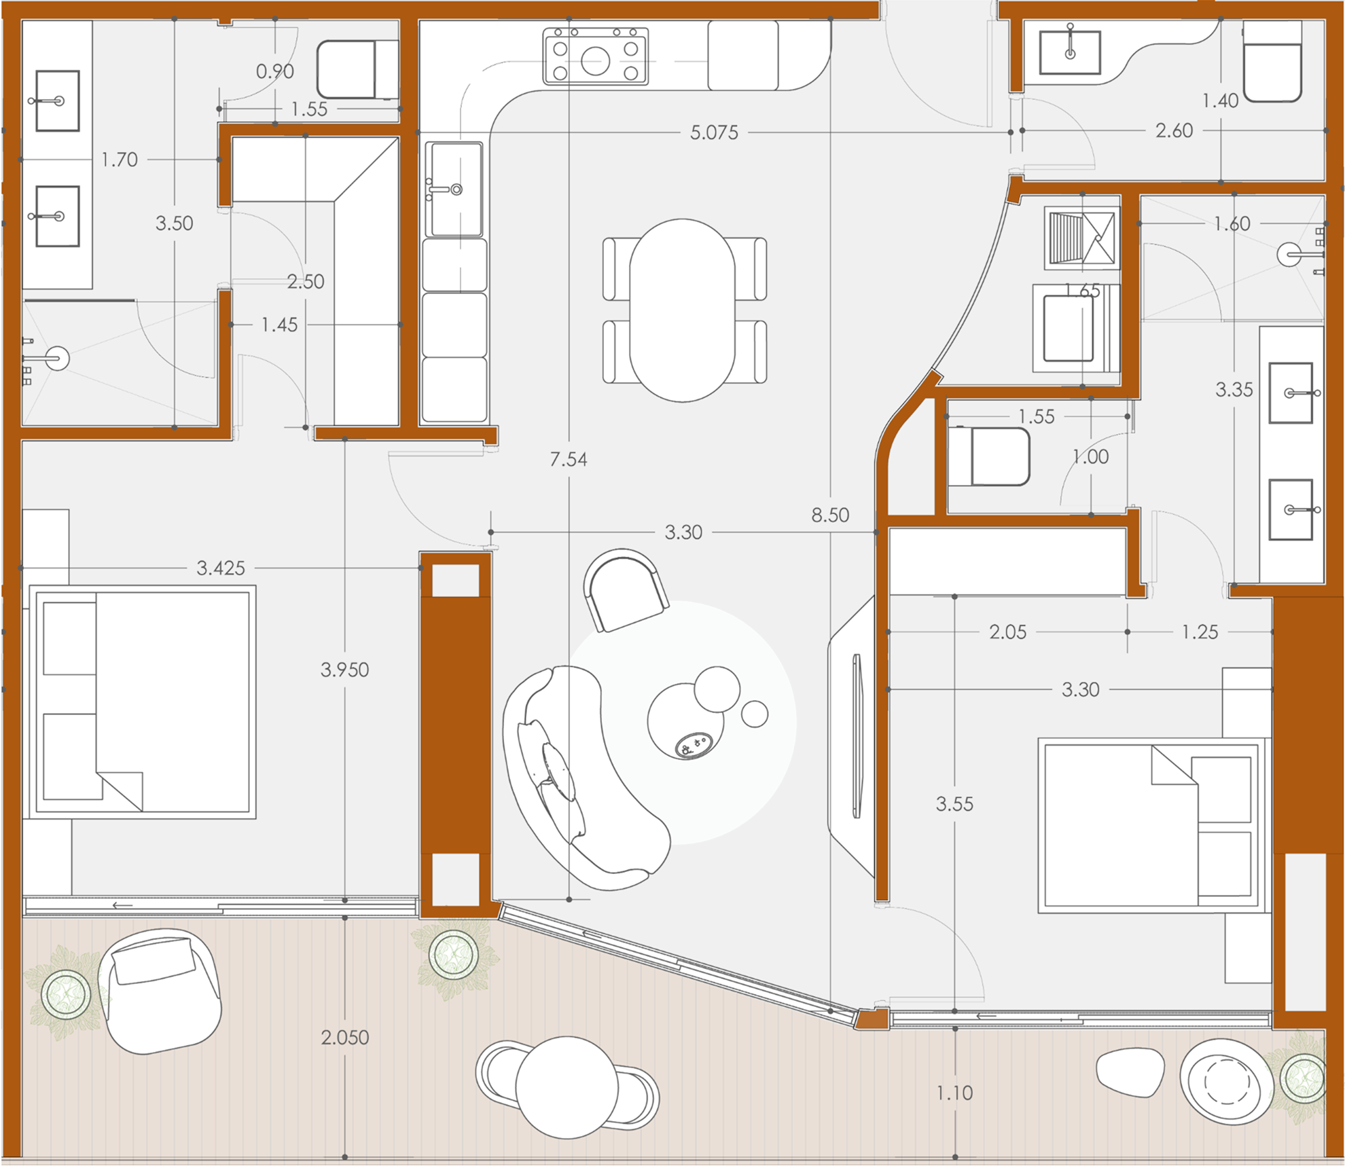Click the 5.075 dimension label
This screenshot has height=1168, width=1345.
714,132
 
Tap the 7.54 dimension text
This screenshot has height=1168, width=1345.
569,460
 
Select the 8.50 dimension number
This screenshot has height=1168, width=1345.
830,515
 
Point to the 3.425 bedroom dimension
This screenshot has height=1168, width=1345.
221,568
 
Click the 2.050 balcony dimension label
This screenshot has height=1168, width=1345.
345,1037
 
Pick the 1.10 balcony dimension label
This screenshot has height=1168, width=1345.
954,1093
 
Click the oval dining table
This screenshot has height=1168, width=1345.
682,310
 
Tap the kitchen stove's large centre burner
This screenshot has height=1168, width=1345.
596,61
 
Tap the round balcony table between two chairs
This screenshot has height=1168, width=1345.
567,1087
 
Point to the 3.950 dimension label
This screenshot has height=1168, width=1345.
345,670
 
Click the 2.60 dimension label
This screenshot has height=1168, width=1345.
1174,130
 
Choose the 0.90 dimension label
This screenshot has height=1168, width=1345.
275,71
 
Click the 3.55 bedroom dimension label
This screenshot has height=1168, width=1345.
954,804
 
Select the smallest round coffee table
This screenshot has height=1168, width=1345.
754,714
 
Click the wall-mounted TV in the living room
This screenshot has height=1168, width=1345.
857,735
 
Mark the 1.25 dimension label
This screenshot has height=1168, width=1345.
1200,632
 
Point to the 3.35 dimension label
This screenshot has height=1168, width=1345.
1234,390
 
